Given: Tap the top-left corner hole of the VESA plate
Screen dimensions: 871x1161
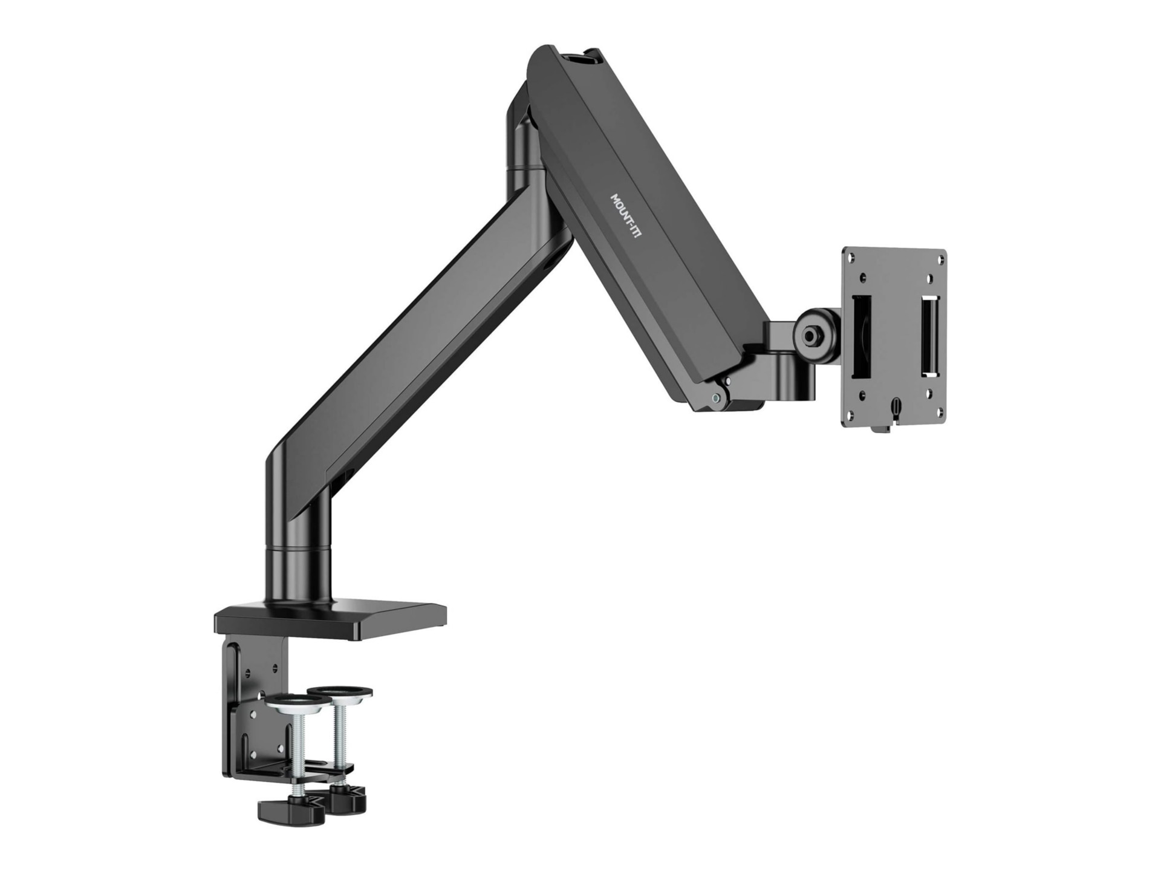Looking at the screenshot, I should click(x=854, y=258).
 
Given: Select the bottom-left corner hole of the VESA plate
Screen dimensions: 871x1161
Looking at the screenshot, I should click(x=852, y=414).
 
